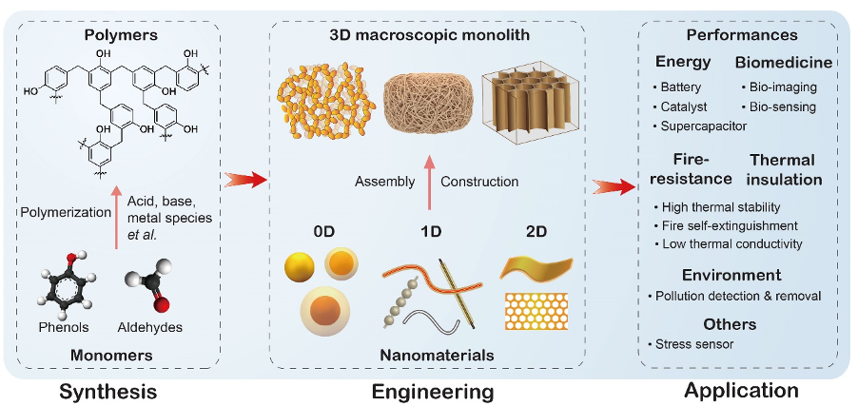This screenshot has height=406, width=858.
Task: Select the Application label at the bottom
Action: (741, 389)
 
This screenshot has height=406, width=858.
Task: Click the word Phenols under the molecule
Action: (64, 327)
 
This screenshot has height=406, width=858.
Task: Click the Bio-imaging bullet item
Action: (783, 87)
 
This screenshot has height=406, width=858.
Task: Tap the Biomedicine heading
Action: (784, 63)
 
